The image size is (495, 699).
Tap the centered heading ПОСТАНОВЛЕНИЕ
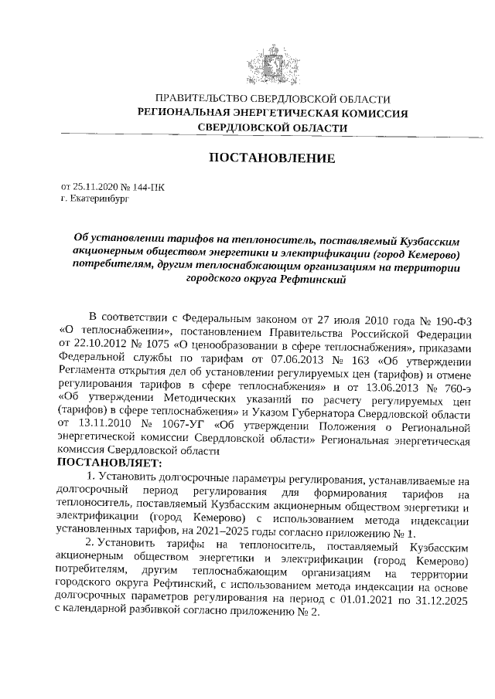pos(271,158)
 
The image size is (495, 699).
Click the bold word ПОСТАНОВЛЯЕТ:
pos(108,463)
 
